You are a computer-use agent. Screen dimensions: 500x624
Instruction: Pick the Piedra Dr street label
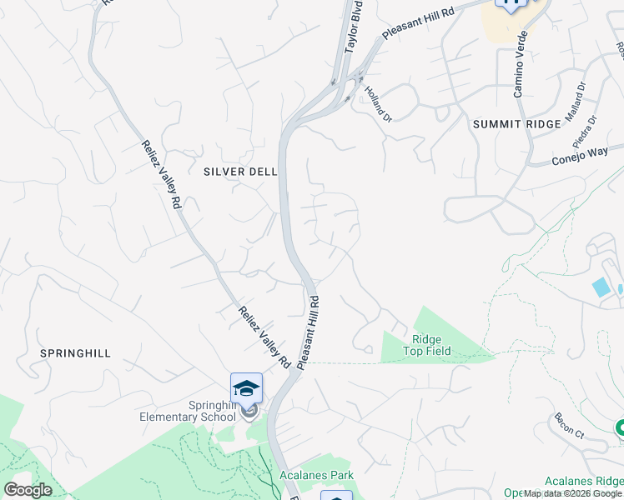(x=586, y=131)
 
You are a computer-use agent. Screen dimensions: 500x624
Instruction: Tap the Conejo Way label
(x=581, y=156)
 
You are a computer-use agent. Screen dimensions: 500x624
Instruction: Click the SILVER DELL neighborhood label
(x=239, y=172)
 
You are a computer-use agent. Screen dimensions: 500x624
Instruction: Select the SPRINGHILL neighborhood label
(x=75, y=353)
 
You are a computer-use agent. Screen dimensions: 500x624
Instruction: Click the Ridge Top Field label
(x=431, y=345)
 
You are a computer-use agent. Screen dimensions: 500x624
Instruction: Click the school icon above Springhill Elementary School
(x=247, y=387)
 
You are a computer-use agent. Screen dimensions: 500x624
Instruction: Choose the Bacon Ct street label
(x=568, y=426)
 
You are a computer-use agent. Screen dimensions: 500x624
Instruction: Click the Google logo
(x=28, y=489)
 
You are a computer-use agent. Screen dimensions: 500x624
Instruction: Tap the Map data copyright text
(x=573, y=494)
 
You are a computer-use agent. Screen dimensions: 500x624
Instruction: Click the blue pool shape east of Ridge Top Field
(x=600, y=288)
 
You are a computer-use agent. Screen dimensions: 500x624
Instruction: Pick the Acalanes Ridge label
(x=583, y=481)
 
